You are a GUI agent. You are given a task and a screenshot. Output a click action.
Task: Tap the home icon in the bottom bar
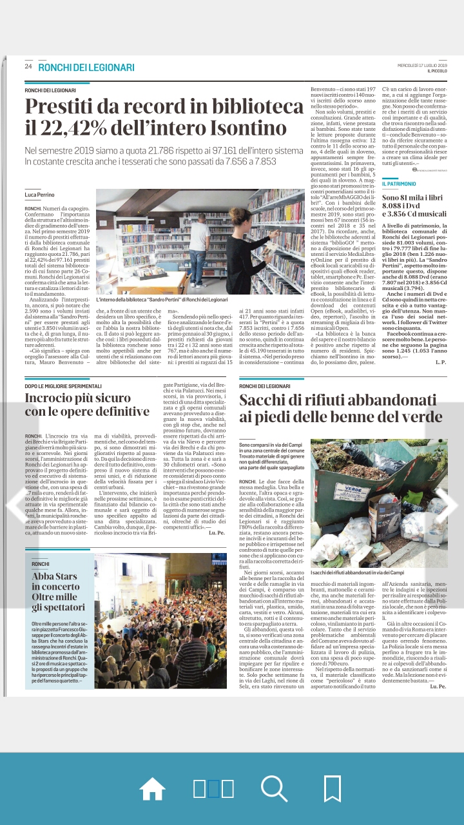[153, 788]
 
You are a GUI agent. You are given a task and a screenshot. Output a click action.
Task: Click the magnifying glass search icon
[274, 788]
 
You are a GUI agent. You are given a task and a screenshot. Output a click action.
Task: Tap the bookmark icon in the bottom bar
[332, 788]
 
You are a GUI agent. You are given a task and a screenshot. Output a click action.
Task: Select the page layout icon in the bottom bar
[213, 788]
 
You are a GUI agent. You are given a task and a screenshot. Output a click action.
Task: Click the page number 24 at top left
[28, 67]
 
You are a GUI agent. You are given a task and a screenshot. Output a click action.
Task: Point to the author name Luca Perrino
[40, 194]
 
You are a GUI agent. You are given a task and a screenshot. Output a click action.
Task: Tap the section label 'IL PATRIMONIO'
[403, 184]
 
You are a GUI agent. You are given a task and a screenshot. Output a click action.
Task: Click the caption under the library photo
[162, 300]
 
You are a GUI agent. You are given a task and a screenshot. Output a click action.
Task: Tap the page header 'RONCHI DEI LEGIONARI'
[86, 67]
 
